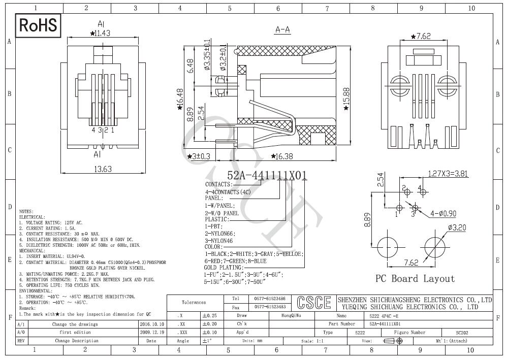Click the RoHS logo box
[x=39, y=25]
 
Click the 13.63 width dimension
[x=103, y=169]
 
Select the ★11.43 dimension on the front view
[x=100, y=34]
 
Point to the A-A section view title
[x=282, y=30]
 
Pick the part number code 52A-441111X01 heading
[x=267, y=175]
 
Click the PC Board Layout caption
[x=415, y=278]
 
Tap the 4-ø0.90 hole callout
[x=442, y=213]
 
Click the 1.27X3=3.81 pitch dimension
[x=448, y=174]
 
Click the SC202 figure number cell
[x=461, y=333]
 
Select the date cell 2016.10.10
[x=151, y=324]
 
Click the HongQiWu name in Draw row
[x=291, y=315]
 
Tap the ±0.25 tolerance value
[x=210, y=316]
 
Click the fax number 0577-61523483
[x=270, y=307]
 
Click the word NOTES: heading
[x=26, y=211]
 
